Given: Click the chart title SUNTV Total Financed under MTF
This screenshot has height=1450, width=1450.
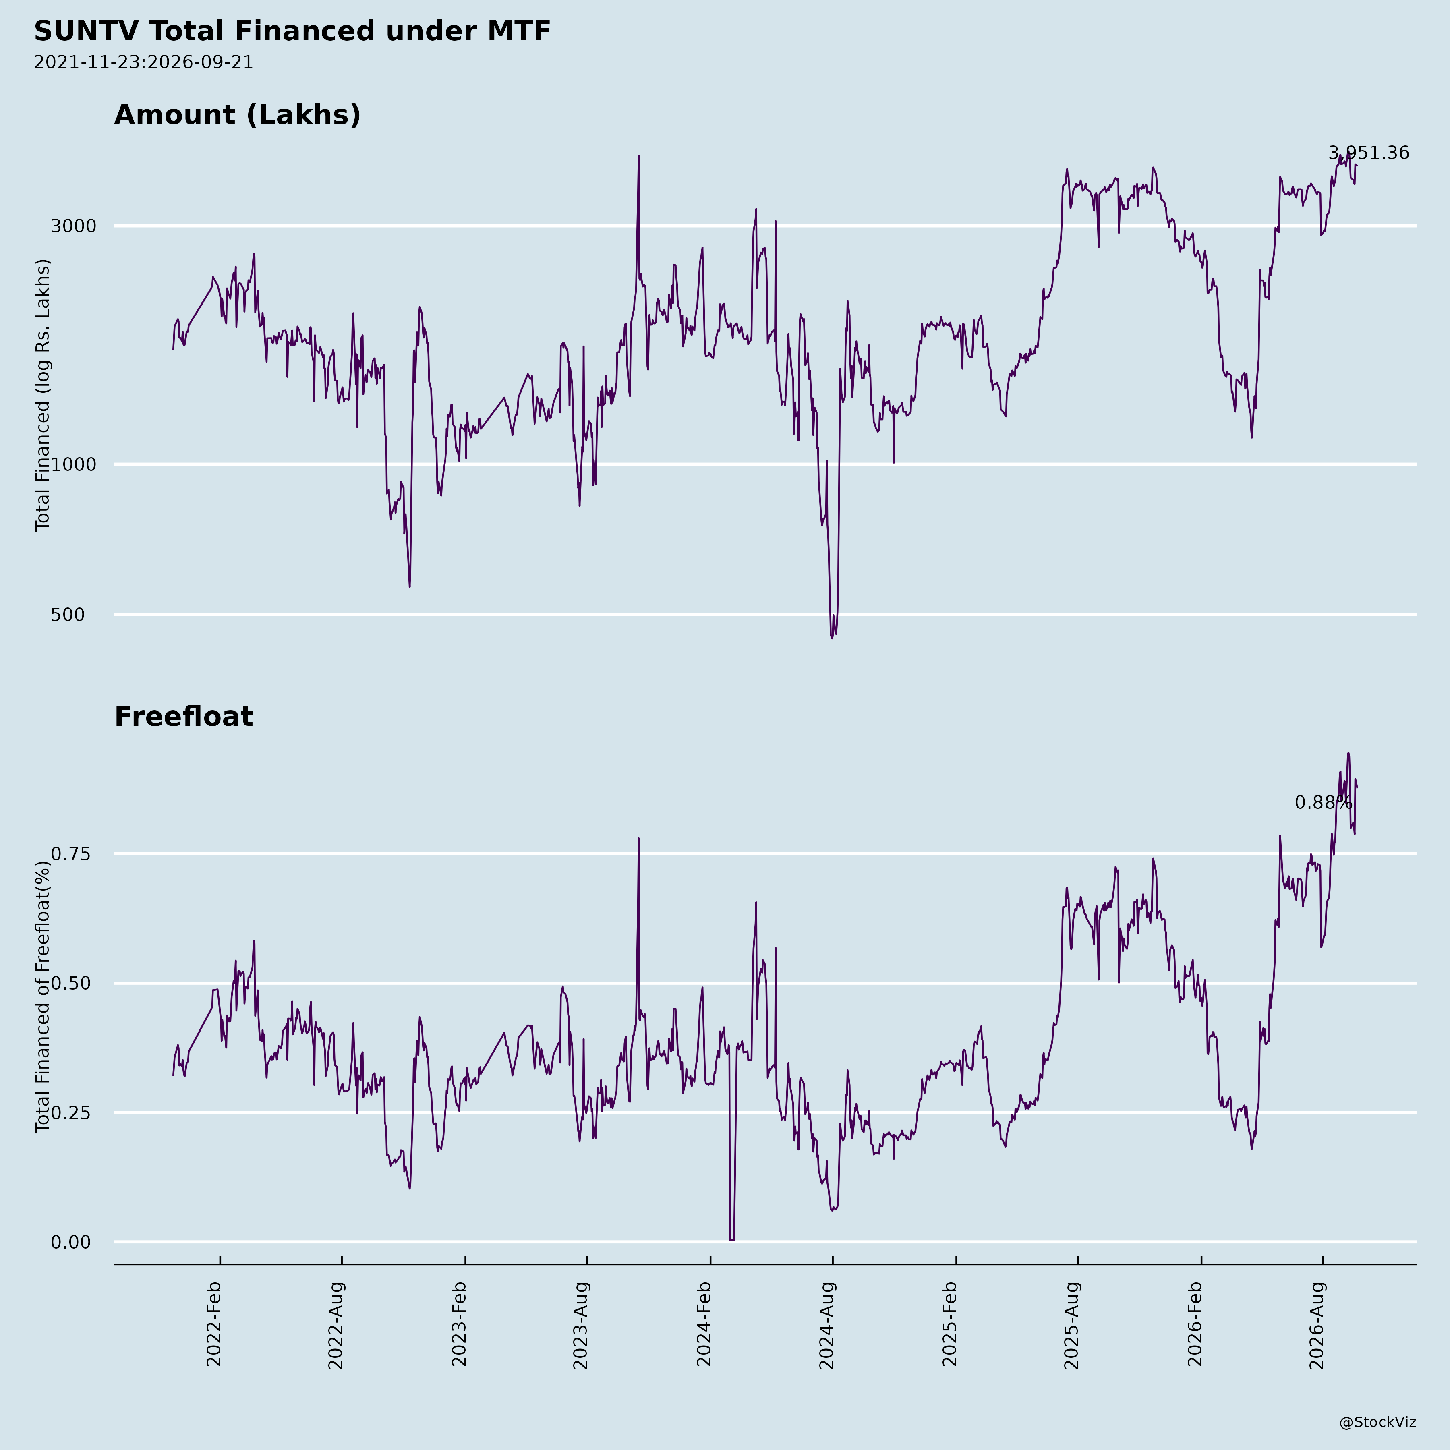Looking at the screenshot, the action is [x=293, y=31].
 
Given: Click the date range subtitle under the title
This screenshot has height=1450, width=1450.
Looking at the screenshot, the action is [x=143, y=62].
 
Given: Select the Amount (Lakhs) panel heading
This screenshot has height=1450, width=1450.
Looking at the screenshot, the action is [x=237, y=115].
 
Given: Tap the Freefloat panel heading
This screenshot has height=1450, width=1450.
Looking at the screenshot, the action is [x=184, y=717].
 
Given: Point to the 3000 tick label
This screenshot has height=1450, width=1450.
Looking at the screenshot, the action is [x=74, y=226].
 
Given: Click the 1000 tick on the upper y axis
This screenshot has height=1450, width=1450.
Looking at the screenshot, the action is [x=74, y=464].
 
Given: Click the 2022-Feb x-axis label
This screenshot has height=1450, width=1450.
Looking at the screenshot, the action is [x=214, y=1325].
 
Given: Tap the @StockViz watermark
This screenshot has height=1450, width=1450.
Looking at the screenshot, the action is [x=1378, y=1422].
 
